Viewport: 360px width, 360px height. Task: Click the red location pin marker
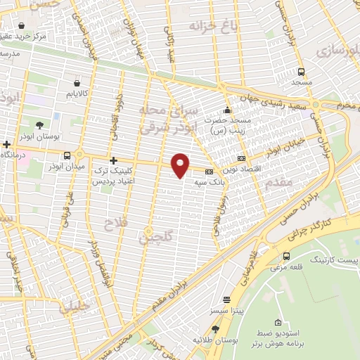(x=181, y=165)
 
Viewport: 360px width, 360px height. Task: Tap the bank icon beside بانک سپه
(x=209, y=172)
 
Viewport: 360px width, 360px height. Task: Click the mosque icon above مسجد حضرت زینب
(x=226, y=110)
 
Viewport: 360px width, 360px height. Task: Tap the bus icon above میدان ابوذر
(x=67, y=155)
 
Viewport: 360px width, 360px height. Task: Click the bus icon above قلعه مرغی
(x=286, y=255)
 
